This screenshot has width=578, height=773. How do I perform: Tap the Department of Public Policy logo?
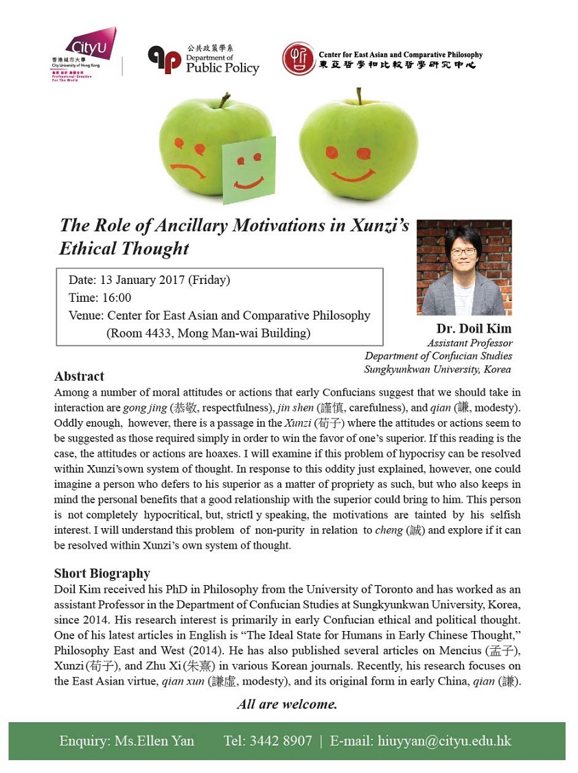pos(203,59)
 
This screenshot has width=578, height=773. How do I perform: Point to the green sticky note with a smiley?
pos(248,169)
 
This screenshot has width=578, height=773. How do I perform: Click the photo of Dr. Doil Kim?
pos(464,267)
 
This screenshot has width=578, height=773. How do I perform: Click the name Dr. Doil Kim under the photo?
pos(474,328)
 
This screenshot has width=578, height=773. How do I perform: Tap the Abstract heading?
pos(79,376)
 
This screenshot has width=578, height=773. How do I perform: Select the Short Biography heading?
pos(102,573)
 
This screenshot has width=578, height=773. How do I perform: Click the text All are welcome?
pos(287,704)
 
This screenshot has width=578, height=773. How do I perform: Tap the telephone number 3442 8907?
pos(280,741)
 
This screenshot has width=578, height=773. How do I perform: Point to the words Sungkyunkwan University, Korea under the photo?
pos(438,369)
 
